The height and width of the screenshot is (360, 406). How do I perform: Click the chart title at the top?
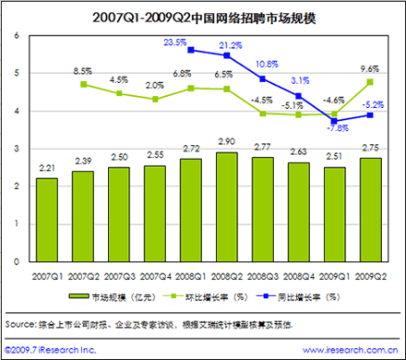coord(204,18)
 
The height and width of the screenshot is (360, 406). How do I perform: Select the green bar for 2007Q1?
coord(47,220)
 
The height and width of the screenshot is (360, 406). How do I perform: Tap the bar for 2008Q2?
coord(227,207)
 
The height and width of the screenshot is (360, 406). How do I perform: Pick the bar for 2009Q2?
coord(370,210)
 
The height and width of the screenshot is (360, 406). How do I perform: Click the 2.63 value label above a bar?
coord(298,151)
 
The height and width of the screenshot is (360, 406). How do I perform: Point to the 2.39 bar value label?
coord(83,161)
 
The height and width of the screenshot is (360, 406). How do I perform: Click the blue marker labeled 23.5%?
coord(191,50)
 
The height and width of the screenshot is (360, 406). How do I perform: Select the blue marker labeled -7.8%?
coord(334,121)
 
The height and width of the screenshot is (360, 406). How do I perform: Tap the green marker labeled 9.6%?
coord(370,82)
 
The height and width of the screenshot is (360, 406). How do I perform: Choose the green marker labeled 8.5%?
coord(83,84)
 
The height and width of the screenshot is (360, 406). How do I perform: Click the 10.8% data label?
coord(267,64)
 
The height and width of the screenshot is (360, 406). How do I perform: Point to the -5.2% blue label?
coord(373,105)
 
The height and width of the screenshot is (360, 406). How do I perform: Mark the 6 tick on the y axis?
coord(17,35)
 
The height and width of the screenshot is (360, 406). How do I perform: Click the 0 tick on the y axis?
coord(17,262)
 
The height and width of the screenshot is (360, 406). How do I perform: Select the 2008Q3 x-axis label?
coord(263,277)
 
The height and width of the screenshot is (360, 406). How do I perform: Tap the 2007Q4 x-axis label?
coord(155,277)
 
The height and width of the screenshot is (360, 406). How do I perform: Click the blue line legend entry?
coord(298,297)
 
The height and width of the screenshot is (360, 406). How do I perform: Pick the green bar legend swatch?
coord(78,296)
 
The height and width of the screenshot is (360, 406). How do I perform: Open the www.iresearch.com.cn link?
coord(350,350)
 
